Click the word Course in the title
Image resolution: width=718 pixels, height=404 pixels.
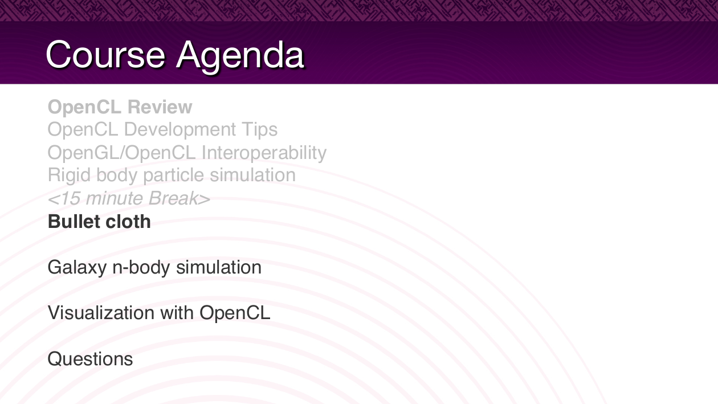[105, 55]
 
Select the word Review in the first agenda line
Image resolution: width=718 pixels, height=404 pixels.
[160, 107]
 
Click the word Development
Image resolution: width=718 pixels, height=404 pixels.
[180, 130]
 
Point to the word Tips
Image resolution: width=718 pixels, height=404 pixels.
[260, 130]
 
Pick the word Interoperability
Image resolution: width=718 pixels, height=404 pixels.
[264, 153]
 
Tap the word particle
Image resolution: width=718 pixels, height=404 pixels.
[173, 176]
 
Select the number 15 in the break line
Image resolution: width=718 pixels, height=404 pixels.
[70, 198]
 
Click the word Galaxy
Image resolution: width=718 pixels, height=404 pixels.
[77, 268]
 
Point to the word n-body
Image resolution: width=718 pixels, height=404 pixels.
[141, 268]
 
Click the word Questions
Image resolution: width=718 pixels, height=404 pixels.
[90, 359]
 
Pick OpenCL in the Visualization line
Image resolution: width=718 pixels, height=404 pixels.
[235, 313]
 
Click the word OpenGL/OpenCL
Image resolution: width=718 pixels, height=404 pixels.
[121, 153]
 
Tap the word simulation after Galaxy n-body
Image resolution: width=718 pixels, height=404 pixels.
[219, 267]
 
